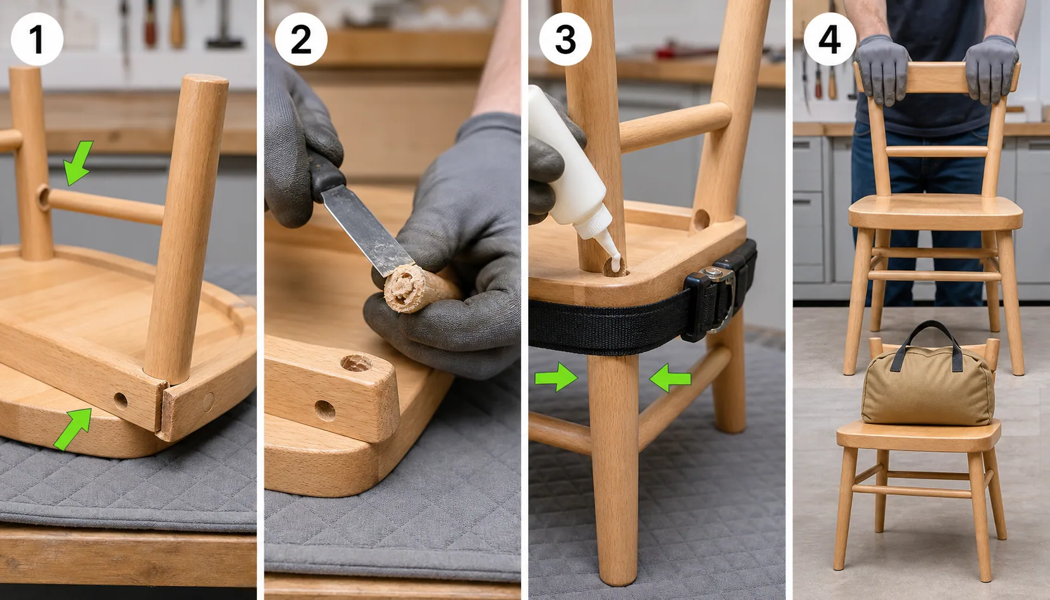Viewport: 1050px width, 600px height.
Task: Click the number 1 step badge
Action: (37, 39)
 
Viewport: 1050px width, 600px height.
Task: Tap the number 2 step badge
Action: (301, 39)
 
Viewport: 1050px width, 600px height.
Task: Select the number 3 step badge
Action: (565, 39)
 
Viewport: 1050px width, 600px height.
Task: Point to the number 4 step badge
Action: (830, 39)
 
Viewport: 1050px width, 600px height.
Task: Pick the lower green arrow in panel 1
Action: (73, 428)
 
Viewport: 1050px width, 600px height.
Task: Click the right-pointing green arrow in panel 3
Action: (556, 377)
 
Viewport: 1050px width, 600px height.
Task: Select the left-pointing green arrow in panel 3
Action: (670, 378)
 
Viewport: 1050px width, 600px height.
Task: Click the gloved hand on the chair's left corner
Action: (882, 70)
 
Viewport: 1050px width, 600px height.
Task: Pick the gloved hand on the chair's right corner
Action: (991, 70)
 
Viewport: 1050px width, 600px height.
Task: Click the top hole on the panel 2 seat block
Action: (355, 363)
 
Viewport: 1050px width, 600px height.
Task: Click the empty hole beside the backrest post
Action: (701, 219)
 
